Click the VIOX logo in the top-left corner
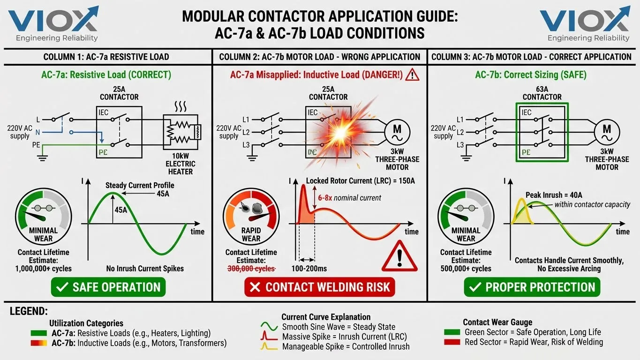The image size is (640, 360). pos(53,23)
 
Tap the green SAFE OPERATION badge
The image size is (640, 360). pos(108,287)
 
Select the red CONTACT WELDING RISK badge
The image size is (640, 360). pos(320,287)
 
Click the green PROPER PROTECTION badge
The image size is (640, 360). pos(532,287)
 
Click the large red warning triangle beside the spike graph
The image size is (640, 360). pos(399,256)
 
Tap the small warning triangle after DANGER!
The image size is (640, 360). pos(412,75)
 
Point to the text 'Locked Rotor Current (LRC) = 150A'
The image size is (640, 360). pos(360,181)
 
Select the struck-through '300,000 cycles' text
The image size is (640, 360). pos(251,269)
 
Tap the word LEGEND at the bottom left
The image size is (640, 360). pos(29,311)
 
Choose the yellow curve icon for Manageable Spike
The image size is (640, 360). pos(270,347)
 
